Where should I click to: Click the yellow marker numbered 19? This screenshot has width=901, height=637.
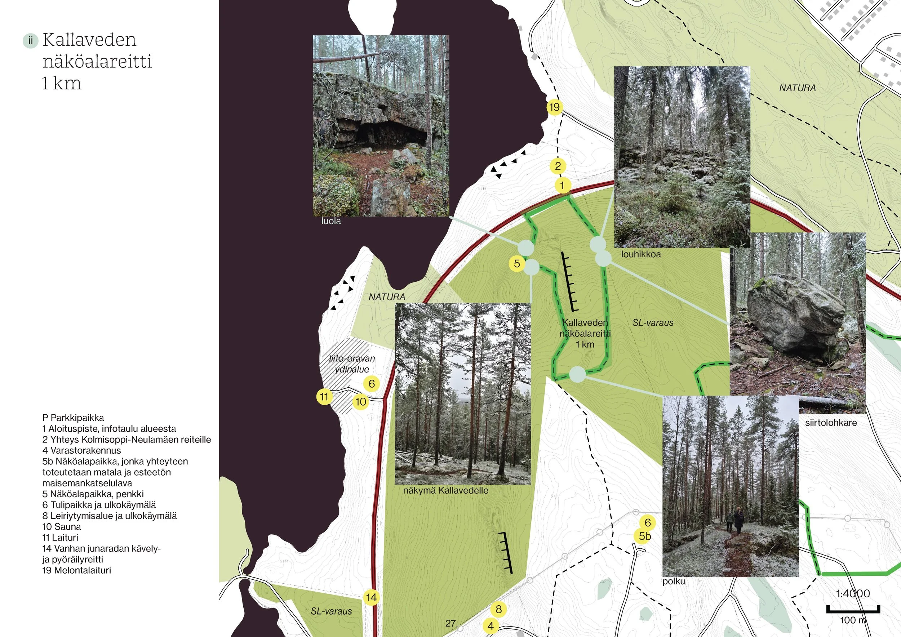(554, 107)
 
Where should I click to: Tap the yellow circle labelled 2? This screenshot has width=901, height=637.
(558, 166)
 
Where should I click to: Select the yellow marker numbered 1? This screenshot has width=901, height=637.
(563, 185)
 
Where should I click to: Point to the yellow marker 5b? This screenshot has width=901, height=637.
(644, 536)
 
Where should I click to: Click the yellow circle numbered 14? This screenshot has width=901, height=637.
(371, 598)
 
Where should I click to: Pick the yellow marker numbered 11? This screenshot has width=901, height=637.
(324, 397)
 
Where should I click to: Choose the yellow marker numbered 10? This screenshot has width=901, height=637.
(361, 402)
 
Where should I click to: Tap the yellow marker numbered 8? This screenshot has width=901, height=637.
(498, 609)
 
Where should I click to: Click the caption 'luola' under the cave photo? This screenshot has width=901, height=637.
(331, 221)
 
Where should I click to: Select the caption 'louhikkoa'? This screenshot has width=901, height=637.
(641, 254)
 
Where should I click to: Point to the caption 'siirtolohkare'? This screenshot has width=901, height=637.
(831, 423)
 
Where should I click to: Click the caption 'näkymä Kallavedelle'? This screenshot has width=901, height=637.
(445, 490)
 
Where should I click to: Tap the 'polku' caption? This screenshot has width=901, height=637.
(673, 581)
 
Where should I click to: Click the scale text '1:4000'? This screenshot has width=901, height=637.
(853, 593)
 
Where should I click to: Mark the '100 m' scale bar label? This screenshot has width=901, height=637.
(853, 620)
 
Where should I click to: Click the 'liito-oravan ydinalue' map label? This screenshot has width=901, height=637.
(352, 364)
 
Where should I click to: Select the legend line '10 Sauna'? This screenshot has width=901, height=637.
(62, 527)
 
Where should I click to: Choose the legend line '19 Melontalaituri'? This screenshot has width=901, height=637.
(76, 570)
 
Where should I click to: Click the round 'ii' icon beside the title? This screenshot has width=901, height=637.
(31, 40)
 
